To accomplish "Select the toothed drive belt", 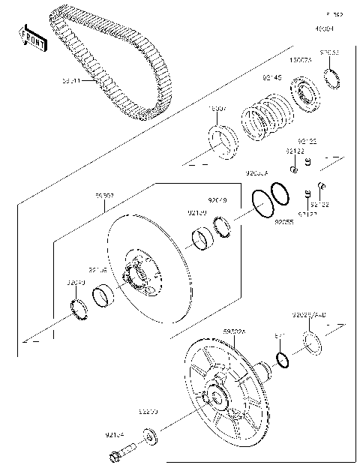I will pos(112,60).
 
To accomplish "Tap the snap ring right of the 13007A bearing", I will pos(332,77).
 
